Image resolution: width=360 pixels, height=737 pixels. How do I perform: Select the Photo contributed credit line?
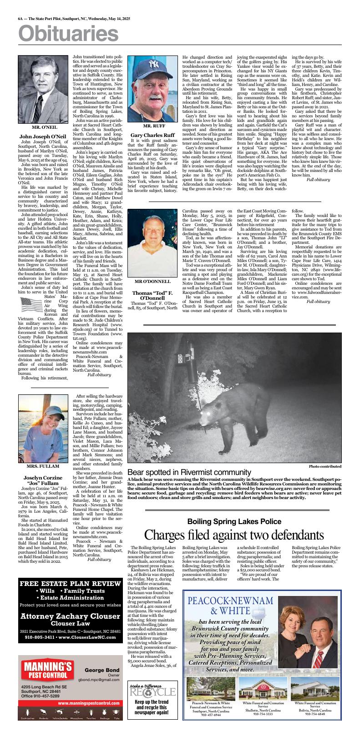coord(325,466)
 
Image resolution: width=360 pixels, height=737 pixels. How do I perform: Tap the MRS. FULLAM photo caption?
coord(42,466)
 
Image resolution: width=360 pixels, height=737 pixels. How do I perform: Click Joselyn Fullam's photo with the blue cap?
coord(42,429)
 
